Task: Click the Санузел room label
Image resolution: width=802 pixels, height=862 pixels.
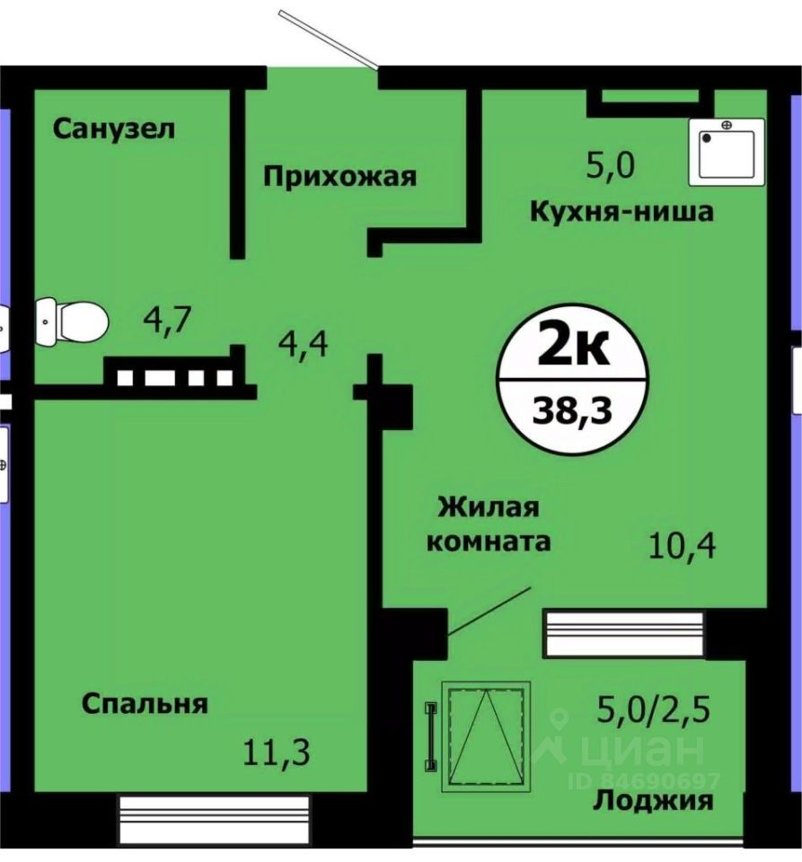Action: tap(113, 129)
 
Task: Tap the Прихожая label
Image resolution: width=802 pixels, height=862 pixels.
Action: tap(339, 176)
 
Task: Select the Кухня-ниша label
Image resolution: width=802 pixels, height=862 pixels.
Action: tap(621, 212)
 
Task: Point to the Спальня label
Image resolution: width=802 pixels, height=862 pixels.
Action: tap(145, 703)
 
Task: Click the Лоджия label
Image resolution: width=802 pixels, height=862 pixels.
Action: tap(653, 801)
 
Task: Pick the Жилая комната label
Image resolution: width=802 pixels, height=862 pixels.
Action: tap(489, 524)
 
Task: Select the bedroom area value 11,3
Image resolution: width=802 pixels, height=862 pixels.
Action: tap(278, 752)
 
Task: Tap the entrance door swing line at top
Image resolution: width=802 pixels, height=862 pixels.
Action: tap(328, 39)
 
